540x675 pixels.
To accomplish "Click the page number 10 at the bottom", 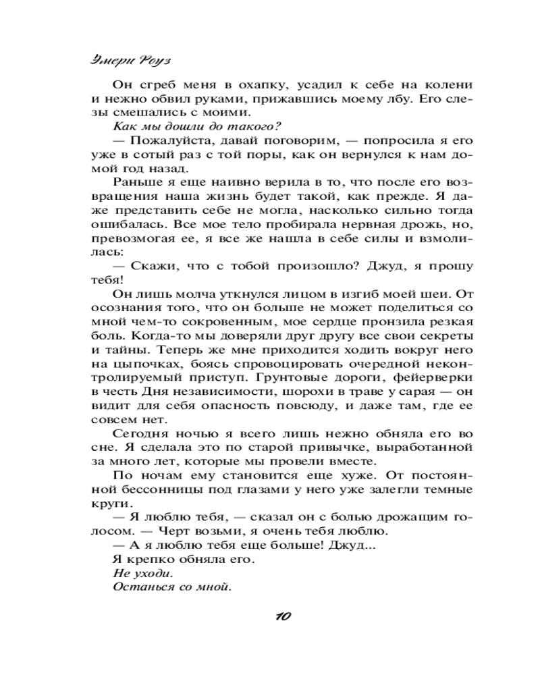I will pyautogui.click(x=283, y=616).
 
